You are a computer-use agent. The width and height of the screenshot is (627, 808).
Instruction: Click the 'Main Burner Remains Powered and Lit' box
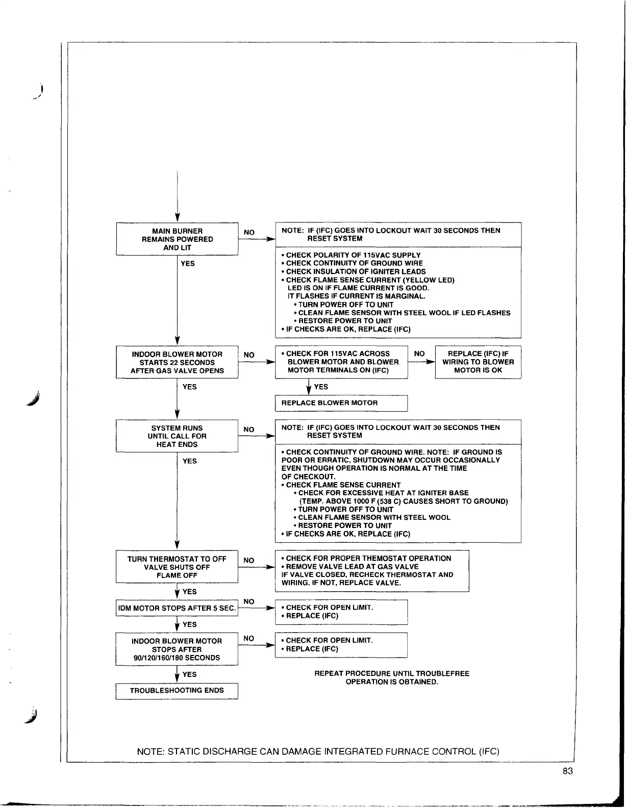click(x=177, y=239)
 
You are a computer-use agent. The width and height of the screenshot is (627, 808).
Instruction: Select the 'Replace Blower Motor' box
click(x=341, y=403)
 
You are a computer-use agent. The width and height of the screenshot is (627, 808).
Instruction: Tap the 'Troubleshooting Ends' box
click(x=177, y=691)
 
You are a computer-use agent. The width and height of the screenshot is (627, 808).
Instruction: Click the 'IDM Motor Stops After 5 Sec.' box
click(x=177, y=608)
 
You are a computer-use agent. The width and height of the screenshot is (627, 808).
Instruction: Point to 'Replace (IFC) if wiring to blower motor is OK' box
click(x=478, y=362)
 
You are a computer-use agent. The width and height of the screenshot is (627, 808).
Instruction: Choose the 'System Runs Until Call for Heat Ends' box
click(x=177, y=436)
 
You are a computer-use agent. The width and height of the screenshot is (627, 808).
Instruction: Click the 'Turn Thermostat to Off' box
click(x=177, y=567)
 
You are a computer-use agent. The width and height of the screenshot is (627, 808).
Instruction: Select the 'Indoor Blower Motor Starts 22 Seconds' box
click(x=177, y=362)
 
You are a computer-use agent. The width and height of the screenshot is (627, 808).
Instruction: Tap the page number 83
click(x=568, y=771)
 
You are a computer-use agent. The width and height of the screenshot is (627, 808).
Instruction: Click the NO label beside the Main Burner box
click(x=249, y=233)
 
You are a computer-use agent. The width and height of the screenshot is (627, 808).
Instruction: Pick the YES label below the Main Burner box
click(x=188, y=264)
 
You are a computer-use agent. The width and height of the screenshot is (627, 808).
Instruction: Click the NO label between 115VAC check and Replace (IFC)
click(x=419, y=353)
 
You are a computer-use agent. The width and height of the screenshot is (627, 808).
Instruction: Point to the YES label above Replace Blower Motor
click(x=321, y=387)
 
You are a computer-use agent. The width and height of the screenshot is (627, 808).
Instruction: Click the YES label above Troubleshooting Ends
click(x=189, y=674)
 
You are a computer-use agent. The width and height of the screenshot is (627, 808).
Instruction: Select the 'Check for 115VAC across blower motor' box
click(x=341, y=362)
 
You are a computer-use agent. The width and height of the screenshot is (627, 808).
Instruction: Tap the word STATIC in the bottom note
click(x=183, y=751)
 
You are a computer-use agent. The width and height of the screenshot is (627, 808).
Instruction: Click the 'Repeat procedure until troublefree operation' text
click(x=392, y=678)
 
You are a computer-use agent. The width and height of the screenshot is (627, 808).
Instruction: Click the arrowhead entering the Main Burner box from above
click(x=177, y=218)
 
